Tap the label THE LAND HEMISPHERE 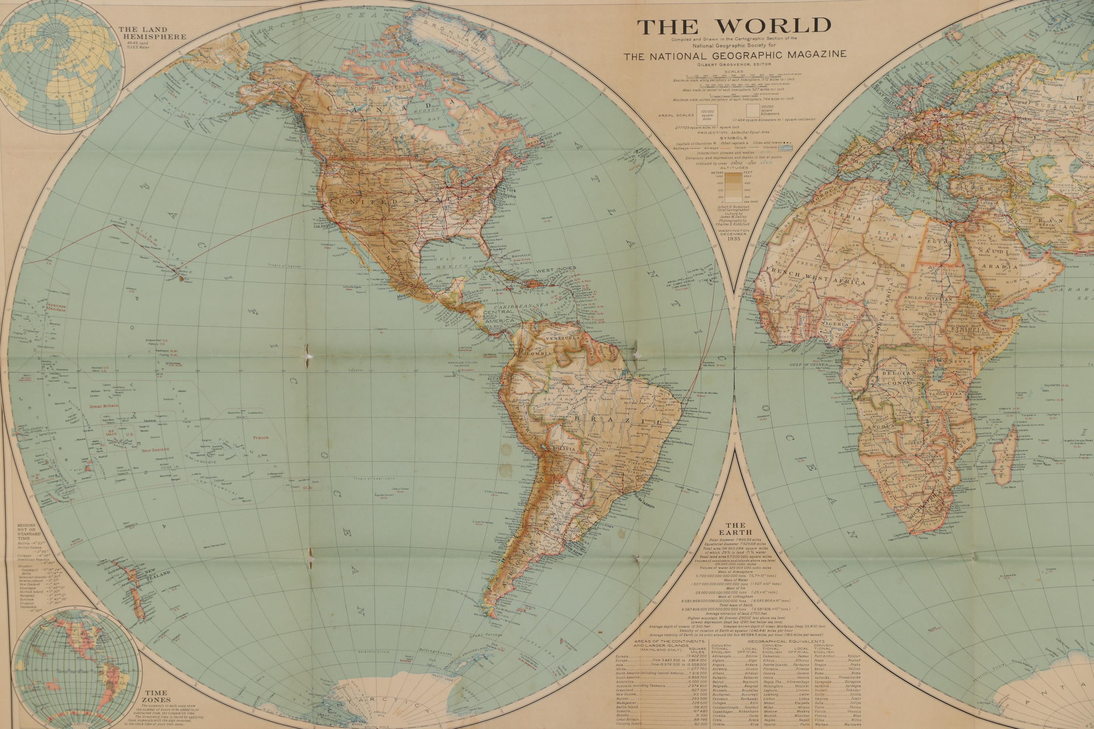(152, 33)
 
